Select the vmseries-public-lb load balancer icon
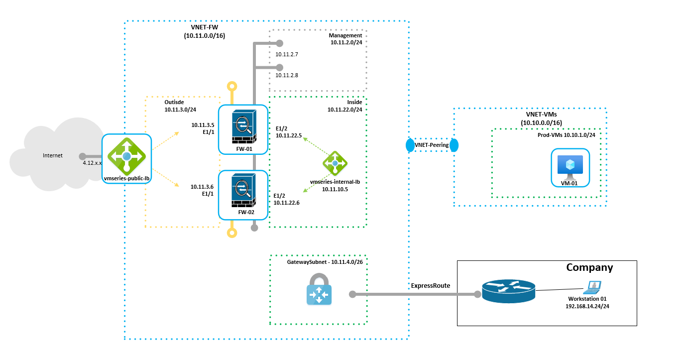pyautogui.click(x=126, y=156)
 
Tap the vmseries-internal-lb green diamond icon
pyautogui.click(x=335, y=163)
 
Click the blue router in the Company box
pyautogui.click(x=508, y=290)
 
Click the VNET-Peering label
pyautogui.click(x=432, y=145)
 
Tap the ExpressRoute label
pyautogui.click(x=431, y=285)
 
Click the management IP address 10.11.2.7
pyautogui.click(x=286, y=54)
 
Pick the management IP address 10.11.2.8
pyautogui.click(x=286, y=75)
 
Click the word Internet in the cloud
pyautogui.click(x=53, y=155)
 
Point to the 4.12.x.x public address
pyautogui.click(x=92, y=163)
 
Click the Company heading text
pyautogui.click(x=589, y=267)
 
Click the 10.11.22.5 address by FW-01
pyautogui.click(x=289, y=135)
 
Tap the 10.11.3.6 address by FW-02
pyautogui.click(x=202, y=187)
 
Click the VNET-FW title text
pyautogui.click(x=205, y=27)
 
